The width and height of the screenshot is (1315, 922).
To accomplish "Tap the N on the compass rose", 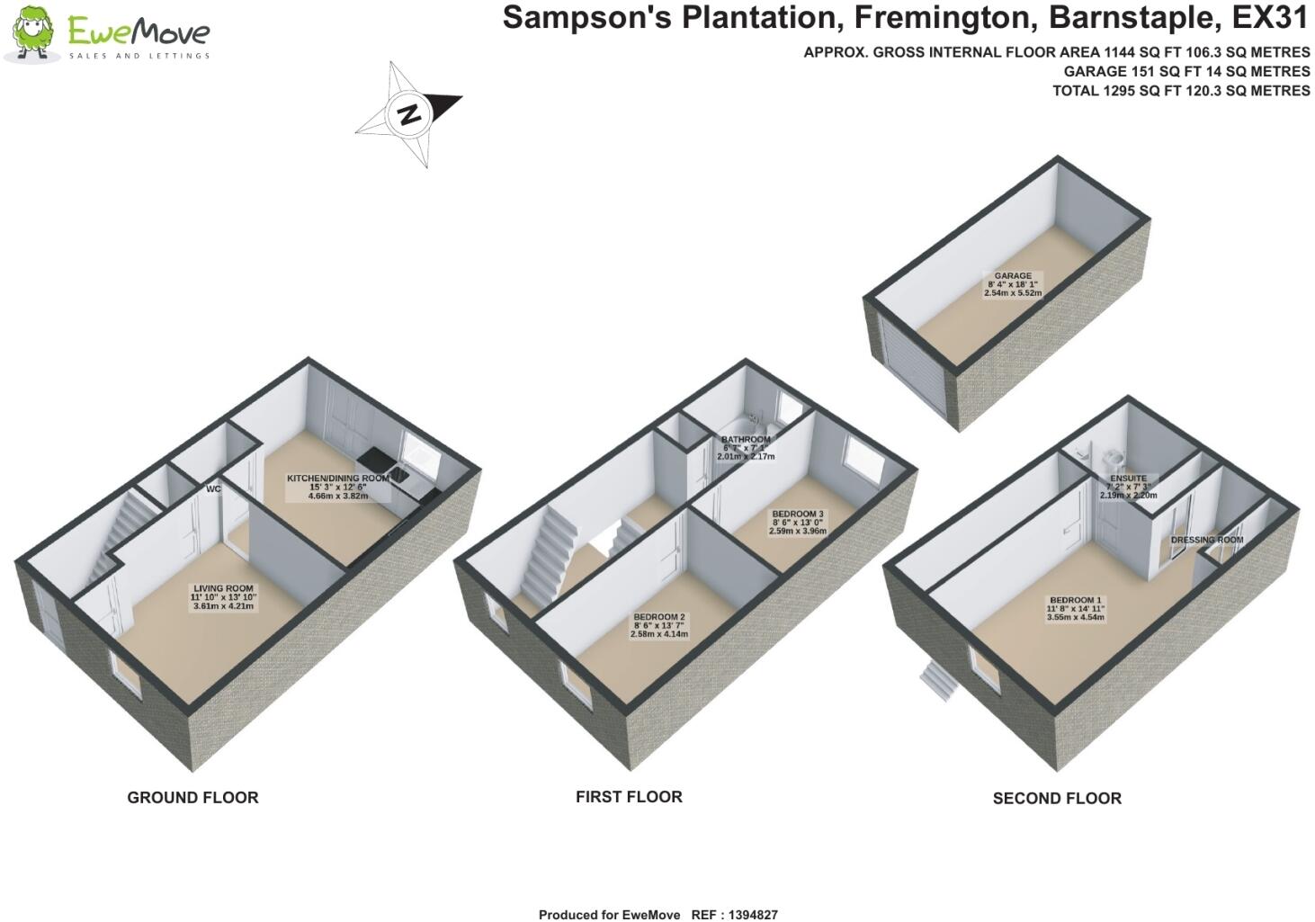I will click(x=408, y=114).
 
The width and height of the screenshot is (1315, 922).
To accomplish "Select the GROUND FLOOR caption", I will click(x=192, y=798).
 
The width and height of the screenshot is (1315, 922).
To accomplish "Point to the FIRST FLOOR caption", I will click(x=629, y=797).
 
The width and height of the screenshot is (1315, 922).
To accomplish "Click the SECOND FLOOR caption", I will click(x=1057, y=799).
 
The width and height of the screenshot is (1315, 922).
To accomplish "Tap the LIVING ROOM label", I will click(x=223, y=589).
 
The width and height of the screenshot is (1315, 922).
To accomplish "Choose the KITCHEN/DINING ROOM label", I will click(x=337, y=479).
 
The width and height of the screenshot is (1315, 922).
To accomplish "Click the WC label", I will click(x=213, y=489).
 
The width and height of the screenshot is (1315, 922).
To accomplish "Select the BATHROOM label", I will click(x=746, y=440).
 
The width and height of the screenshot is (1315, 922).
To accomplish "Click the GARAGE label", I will click(x=1013, y=276).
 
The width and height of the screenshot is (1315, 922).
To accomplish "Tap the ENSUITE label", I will click(x=1128, y=479).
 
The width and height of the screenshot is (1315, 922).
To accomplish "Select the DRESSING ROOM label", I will click(x=1207, y=541).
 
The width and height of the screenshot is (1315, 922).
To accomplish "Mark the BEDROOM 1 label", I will click(x=1075, y=601).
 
